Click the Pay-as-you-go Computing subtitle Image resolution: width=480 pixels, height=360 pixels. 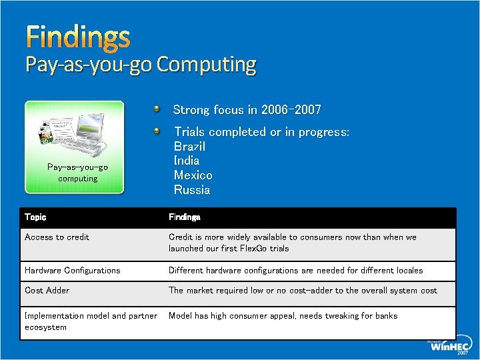click(141, 65)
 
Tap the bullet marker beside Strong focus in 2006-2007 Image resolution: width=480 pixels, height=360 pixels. click(155, 107)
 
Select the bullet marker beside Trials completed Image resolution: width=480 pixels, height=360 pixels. click(155, 130)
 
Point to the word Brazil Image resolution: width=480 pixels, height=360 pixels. click(189, 146)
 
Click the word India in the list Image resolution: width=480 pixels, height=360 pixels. click(187, 161)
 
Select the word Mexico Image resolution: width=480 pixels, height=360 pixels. click(193, 175)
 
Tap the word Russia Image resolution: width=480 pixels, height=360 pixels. click(191, 190)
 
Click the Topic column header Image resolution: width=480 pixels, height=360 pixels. click(35, 217)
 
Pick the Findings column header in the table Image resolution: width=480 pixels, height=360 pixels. click(185, 217)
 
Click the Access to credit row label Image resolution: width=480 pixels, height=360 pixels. click(57, 237)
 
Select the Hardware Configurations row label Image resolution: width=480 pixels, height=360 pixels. click(72, 271)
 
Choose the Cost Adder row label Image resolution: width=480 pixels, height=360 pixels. click(47, 291)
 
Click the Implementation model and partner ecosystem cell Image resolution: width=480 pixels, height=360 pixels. click(91, 321)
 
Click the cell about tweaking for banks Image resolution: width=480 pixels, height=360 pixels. click(283, 316)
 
